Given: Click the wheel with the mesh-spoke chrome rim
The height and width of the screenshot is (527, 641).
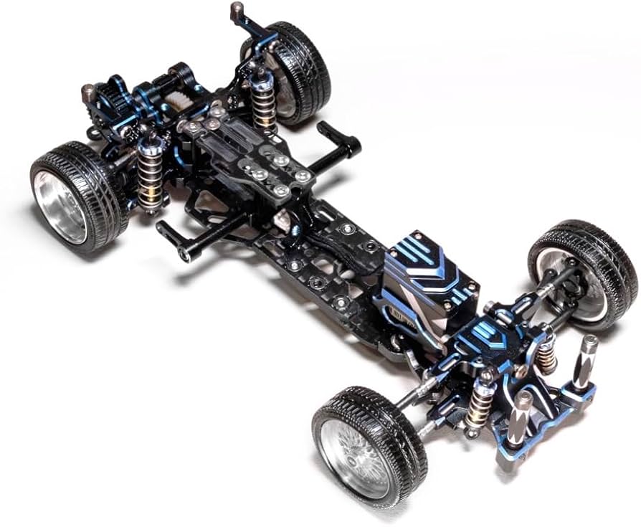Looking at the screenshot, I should click(x=359, y=445).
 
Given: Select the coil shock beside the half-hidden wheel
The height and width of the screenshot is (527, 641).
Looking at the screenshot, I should click(x=264, y=97).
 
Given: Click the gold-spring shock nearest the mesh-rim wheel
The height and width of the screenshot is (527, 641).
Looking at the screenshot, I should click(x=479, y=405).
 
